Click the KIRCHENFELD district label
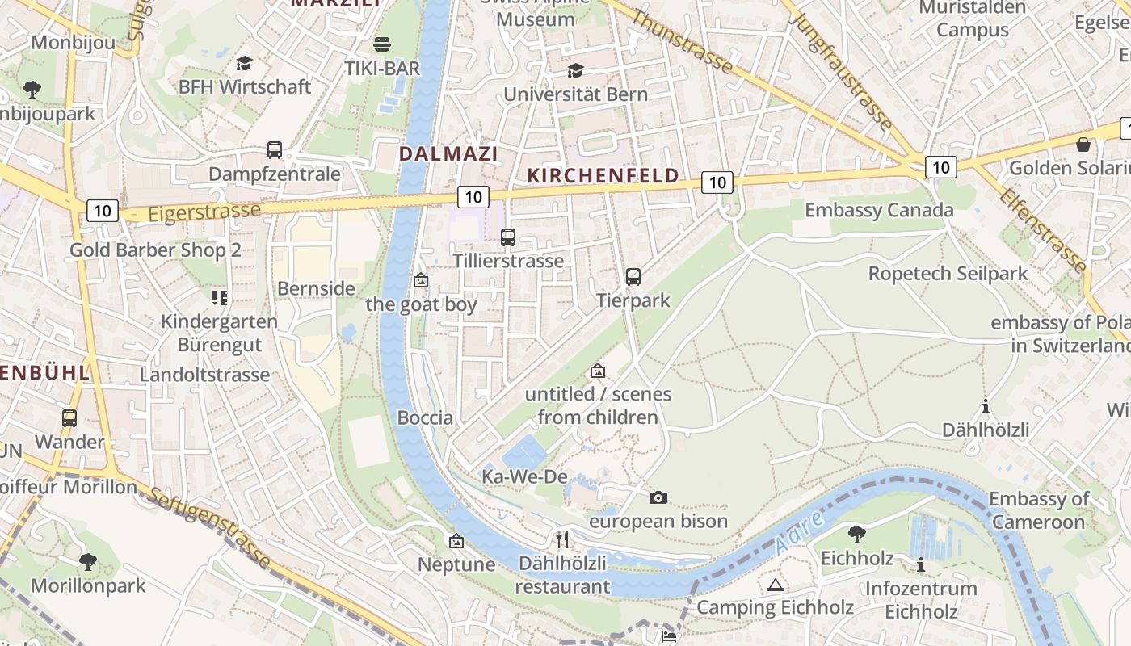(x=603, y=176)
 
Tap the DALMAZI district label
(x=448, y=153)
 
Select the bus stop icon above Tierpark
(x=633, y=277)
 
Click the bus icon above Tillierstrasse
(x=507, y=237)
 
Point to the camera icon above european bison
(x=658, y=497)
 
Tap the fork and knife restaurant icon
(x=562, y=539)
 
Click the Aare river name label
(x=799, y=532)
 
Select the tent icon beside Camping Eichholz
(x=776, y=585)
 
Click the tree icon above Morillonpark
(x=88, y=561)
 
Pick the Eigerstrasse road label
(x=205, y=212)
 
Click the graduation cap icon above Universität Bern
(x=575, y=71)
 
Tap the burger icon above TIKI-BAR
(x=382, y=44)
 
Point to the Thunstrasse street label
(x=682, y=42)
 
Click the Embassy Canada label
(x=879, y=211)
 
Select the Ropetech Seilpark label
(x=948, y=274)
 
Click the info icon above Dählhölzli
(x=985, y=406)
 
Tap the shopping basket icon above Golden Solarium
(x=1083, y=145)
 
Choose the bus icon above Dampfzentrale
(x=275, y=150)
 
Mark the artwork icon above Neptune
(x=456, y=541)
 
